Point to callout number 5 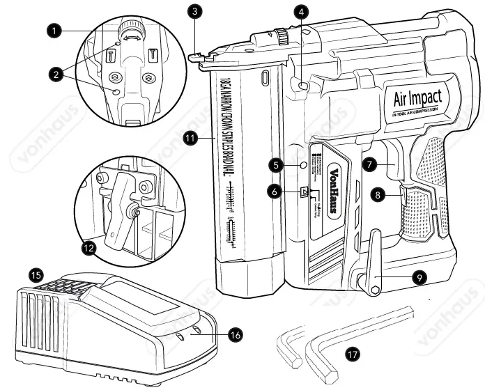pyautogui.click(x=277, y=165)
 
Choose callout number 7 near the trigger pyautogui.click(x=370, y=165)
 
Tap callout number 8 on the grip pyautogui.click(x=378, y=196)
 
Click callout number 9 pyautogui.click(x=418, y=277)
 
